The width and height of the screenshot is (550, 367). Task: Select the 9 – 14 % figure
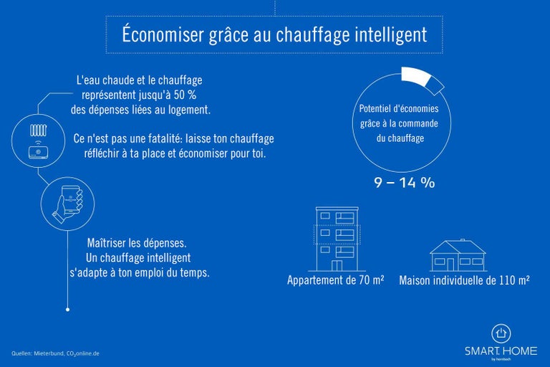(x=404, y=182)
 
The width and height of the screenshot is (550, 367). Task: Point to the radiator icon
(x=38, y=131)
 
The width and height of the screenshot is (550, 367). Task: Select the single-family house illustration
(x=458, y=255)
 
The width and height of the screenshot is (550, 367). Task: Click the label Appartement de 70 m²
(x=335, y=280)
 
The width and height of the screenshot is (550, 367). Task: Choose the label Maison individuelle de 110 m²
(x=464, y=280)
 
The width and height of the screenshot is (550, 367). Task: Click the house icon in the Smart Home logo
(x=501, y=333)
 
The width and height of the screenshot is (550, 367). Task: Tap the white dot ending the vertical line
(x=67, y=310)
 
